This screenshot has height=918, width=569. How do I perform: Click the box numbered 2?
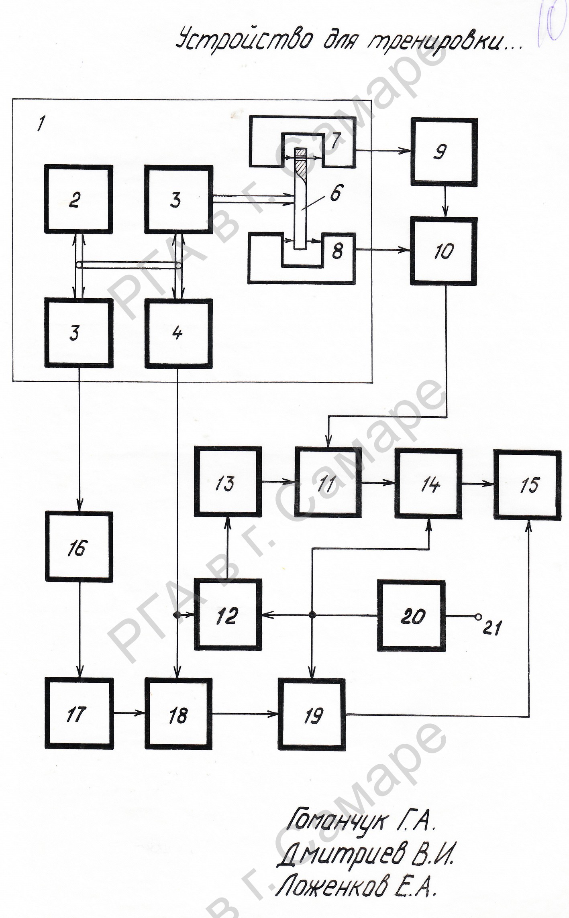click(x=78, y=199)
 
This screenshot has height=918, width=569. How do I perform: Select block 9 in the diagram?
click(x=444, y=152)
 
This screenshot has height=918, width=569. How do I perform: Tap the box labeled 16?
click(x=79, y=547)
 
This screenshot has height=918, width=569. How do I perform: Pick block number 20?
click(x=411, y=615)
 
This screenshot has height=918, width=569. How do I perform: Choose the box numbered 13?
click(x=228, y=481)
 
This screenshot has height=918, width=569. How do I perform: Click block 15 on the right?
click(x=527, y=485)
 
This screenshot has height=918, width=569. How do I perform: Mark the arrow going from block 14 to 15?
click(x=477, y=484)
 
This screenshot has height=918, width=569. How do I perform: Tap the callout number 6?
click(x=335, y=193)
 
